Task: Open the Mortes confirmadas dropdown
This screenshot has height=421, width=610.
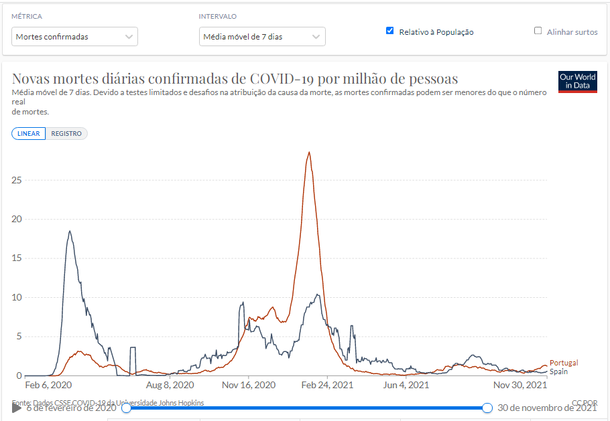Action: pyautogui.click(x=74, y=36)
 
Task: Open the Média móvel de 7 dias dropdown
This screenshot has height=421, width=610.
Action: pyautogui.click(x=262, y=36)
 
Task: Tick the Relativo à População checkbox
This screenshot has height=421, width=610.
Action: pyautogui.click(x=390, y=31)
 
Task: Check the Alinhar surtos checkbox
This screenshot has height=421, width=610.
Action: pyautogui.click(x=538, y=31)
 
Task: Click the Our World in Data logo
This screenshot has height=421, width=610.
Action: pyautogui.click(x=577, y=82)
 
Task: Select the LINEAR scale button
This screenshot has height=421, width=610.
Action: pyautogui.click(x=29, y=134)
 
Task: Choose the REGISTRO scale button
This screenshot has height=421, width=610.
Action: pyautogui.click(x=66, y=134)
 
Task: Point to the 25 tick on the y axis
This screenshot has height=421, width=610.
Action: pyautogui.click(x=17, y=180)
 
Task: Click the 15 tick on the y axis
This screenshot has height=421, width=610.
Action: pyautogui.click(x=17, y=258)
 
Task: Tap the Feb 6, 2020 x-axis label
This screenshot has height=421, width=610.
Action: pyautogui.click(x=48, y=386)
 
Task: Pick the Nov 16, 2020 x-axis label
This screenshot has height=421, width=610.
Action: pyautogui.click(x=248, y=386)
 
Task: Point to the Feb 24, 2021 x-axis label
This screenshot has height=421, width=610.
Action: pyautogui.click(x=327, y=386)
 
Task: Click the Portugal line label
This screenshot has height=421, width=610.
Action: pyautogui.click(x=563, y=363)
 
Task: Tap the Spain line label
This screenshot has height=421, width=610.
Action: pyautogui.click(x=558, y=371)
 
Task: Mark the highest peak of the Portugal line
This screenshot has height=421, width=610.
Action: pyautogui.click(x=308, y=153)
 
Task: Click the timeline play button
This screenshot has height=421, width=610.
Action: pyautogui.click(x=17, y=408)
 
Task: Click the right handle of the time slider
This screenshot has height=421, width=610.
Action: pyautogui.click(x=487, y=408)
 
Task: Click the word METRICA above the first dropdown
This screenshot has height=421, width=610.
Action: pyautogui.click(x=27, y=16)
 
